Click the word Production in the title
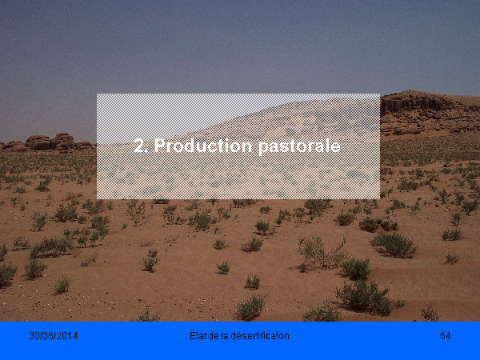pos(202,146)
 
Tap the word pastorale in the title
pos(299,146)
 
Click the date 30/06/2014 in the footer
pos(54,336)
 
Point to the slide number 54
pos(446,336)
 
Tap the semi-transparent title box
pos(238,146)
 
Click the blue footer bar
pos(240,341)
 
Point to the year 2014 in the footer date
pos(68,336)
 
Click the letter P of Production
pos(159,146)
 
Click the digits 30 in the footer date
pos(34,336)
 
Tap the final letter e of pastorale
pos(335,147)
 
